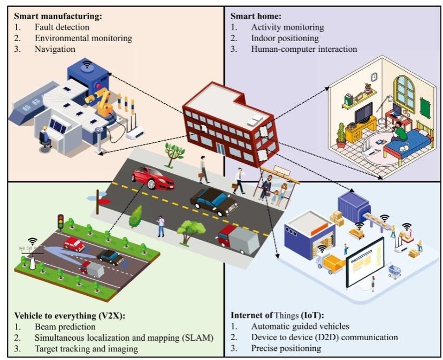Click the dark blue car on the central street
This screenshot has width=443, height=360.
[x=214, y=201]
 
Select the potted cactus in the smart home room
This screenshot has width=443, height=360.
[x=341, y=135]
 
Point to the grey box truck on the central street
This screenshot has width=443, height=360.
[x=238, y=239]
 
